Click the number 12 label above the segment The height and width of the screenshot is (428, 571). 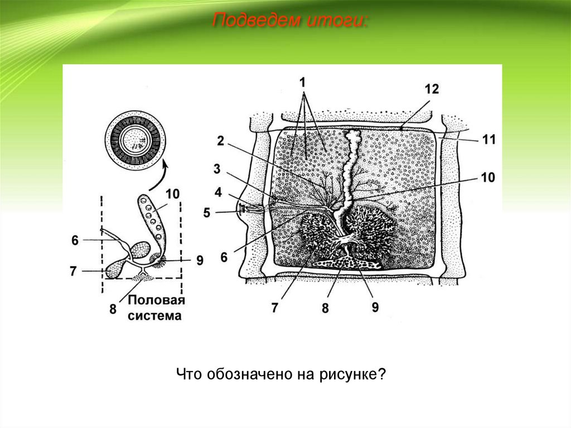pyautogui.click(x=431, y=89)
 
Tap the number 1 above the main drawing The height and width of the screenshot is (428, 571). pyautogui.click(x=303, y=82)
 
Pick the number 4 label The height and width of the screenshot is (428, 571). pyautogui.click(x=218, y=191)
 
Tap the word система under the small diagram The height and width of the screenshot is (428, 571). pyautogui.click(x=155, y=316)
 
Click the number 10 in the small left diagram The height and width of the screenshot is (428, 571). pyautogui.click(x=172, y=194)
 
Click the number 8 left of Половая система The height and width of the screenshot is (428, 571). pyautogui.click(x=113, y=309)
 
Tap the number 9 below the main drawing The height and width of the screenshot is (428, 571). pyautogui.click(x=375, y=307)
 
